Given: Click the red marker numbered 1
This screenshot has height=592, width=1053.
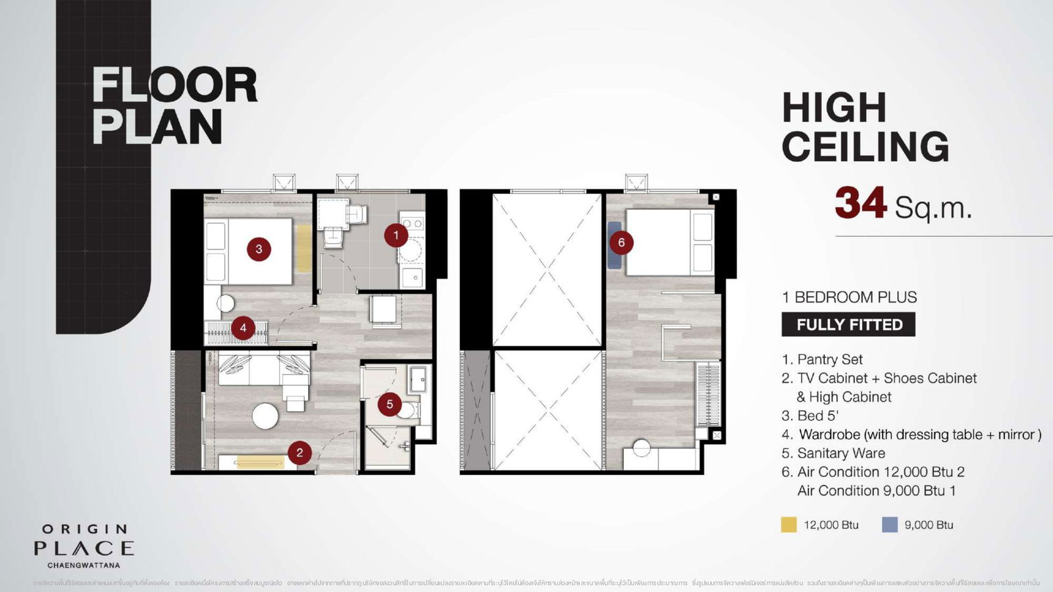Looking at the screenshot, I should (x=396, y=235).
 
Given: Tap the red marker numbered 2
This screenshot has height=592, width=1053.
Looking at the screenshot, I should (x=299, y=452).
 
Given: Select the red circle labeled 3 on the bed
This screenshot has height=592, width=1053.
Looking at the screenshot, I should (x=259, y=249).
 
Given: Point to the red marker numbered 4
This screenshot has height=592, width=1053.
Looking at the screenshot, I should (x=243, y=328).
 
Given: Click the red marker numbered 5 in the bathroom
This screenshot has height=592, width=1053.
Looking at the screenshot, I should (x=390, y=404).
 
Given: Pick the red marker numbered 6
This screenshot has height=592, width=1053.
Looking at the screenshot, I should (x=621, y=243).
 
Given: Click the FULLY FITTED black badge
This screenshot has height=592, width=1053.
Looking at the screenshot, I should (x=848, y=325).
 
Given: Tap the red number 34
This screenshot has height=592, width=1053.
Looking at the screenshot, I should (x=860, y=203).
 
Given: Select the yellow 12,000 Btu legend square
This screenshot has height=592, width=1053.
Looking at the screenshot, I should (x=788, y=524).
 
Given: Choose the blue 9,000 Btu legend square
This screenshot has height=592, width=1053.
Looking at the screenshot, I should (x=889, y=524).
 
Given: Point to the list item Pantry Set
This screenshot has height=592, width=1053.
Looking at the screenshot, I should (x=829, y=359).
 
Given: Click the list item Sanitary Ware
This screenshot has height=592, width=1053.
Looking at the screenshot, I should (x=840, y=453).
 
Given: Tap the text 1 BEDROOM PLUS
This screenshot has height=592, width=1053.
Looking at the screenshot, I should (x=849, y=297).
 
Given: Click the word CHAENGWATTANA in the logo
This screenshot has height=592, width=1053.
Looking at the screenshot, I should (x=84, y=564).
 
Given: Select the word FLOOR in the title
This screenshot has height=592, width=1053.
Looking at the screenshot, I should (x=174, y=86).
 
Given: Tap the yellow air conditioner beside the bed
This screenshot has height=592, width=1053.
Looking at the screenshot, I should (x=303, y=248).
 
